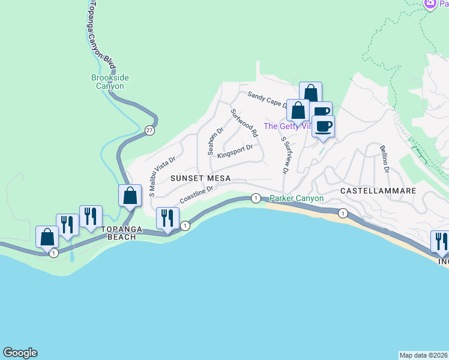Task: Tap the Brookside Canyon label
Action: pos(110,82)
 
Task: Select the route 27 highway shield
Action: pos(148,130)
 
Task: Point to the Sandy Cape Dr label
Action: pos(268,99)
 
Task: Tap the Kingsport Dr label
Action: pos(235,151)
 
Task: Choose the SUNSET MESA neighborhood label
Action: pos(200,178)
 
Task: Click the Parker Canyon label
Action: pos(297,199)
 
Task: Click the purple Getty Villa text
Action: pos(286,126)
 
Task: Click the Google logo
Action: pos(20,353)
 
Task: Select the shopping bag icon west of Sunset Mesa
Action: pos(130,196)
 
